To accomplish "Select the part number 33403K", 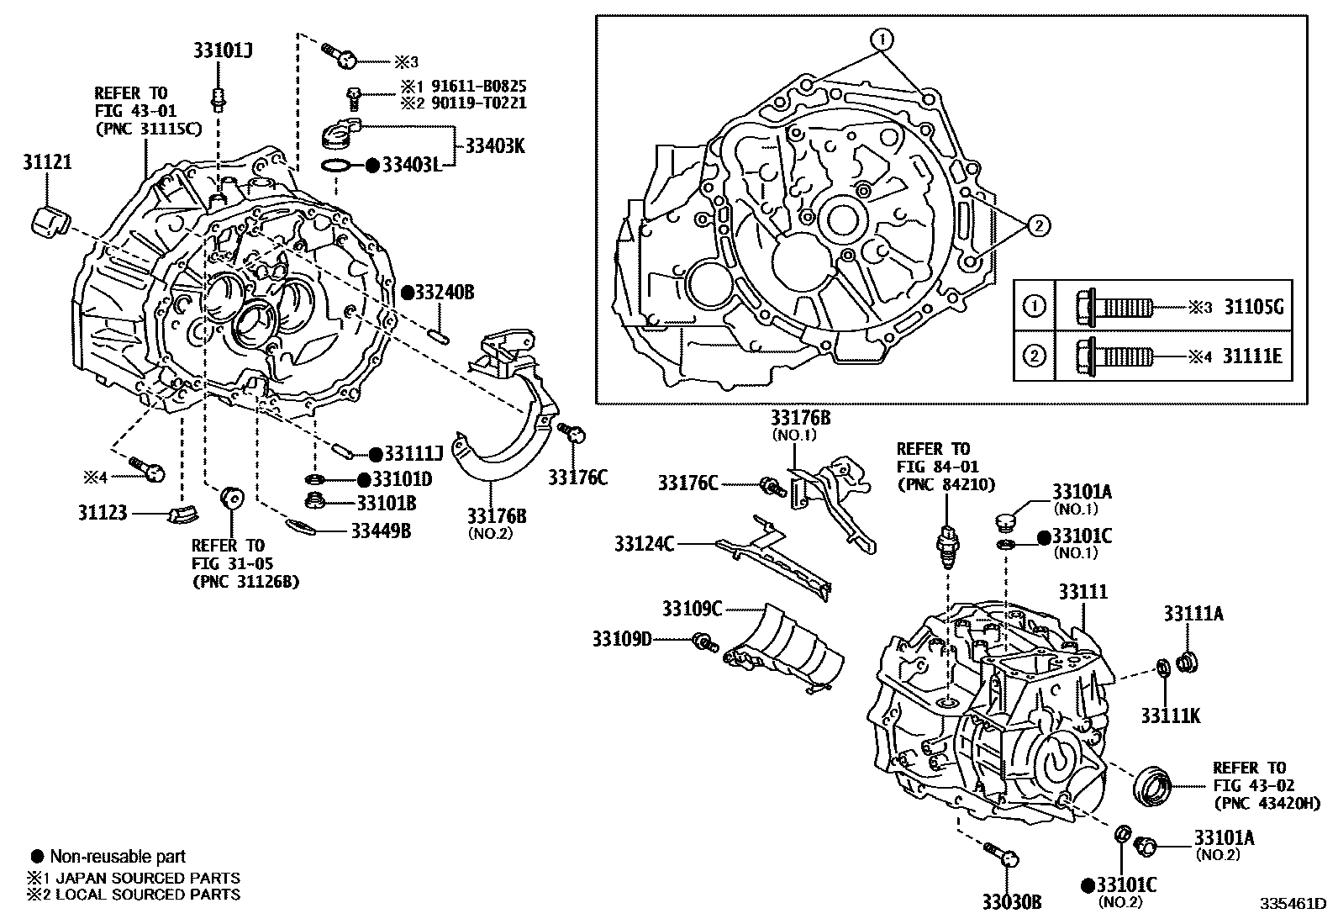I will click(x=494, y=145).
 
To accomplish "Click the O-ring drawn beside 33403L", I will click(x=337, y=165).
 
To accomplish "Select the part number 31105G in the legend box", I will click(x=1252, y=307).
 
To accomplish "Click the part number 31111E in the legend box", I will click(x=1252, y=356).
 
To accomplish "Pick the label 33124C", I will click(x=644, y=544).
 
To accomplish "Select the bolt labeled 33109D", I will click(x=703, y=643).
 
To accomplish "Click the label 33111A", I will click(x=1193, y=614).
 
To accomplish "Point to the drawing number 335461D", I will click(x=1291, y=905).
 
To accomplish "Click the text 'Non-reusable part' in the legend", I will click(x=118, y=857).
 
